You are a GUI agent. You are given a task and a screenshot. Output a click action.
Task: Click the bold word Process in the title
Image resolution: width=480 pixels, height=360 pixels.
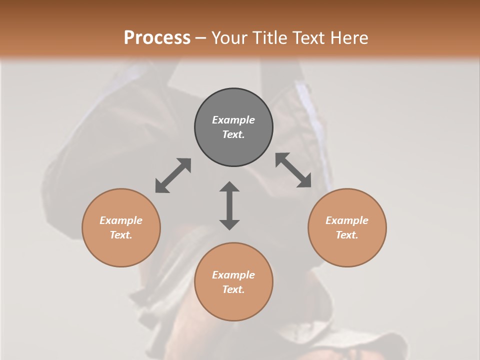point(157,38)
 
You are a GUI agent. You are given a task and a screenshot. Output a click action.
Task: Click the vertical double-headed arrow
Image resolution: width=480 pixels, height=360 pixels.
point(229,205)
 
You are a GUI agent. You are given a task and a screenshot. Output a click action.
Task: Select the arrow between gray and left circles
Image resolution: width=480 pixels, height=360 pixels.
point(173,175)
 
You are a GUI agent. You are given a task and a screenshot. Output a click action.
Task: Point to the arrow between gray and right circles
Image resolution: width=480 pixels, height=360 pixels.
point(293,170)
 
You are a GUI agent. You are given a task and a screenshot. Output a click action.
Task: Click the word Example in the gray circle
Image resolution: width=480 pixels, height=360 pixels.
point(233,120)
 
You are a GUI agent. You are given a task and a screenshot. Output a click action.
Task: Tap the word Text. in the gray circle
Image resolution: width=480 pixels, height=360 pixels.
point(233,134)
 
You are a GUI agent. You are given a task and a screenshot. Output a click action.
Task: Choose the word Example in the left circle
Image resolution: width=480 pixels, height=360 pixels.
point(121,220)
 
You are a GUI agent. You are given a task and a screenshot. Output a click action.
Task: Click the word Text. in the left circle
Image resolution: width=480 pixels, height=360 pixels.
point(121,235)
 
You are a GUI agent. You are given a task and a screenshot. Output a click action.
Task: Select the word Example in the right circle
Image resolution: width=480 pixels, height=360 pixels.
point(347,220)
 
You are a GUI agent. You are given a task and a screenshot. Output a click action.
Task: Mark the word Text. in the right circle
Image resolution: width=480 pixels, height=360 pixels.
point(347,235)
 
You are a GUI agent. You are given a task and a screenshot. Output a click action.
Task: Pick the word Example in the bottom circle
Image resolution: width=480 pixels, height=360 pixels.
point(233,275)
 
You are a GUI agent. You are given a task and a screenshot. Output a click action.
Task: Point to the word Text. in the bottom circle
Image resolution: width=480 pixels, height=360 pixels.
point(233,289)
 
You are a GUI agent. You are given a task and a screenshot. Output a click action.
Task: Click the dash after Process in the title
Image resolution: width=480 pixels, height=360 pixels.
point(201,38)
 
